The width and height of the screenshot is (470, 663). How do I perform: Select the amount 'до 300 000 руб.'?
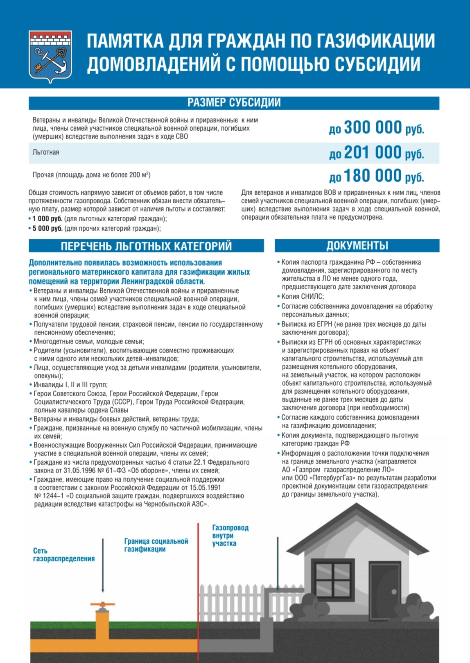(x=376, y=128)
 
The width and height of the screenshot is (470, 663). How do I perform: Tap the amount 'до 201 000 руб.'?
(x=376, y=153)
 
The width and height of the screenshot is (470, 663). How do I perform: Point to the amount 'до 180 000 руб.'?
(x=376, y=176)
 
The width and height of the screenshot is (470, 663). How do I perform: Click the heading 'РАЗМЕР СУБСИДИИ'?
(x=234, y=103)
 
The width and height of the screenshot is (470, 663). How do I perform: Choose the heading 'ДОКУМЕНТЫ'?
(x=357, y=246)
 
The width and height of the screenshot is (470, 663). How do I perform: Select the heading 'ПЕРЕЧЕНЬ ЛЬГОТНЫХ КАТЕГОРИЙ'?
(x=146, y=246)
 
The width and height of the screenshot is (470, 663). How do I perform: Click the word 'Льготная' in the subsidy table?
(x=46, y=152)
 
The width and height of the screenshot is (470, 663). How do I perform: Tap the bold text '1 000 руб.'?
(x=47, y=219)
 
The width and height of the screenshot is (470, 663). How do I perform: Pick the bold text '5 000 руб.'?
(x=47, y=229)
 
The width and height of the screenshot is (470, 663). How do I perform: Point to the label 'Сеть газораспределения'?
(x=63, y=555)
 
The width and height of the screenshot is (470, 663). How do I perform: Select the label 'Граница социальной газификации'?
(x=156, y=545)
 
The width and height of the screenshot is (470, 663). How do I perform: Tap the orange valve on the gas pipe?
(x=102, y=605)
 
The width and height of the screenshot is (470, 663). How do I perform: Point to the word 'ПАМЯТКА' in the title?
(x=125, y=41)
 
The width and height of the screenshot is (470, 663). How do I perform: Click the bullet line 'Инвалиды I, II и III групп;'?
(x=70, y=385)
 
